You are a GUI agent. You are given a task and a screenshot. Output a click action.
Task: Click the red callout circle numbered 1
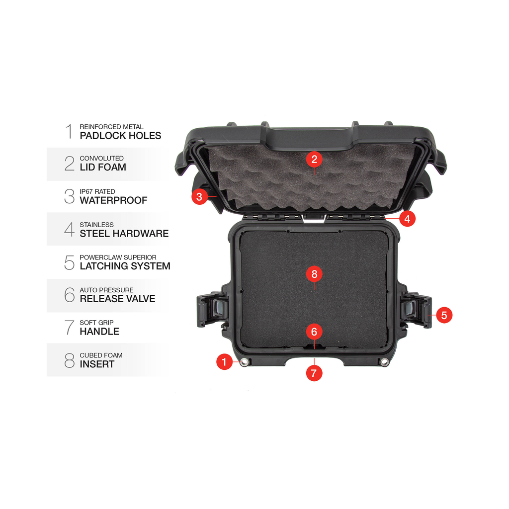pyautogui.click(x=224, y=361)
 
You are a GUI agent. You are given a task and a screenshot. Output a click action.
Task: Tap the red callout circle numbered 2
pyautogui.click(x=314, y=160)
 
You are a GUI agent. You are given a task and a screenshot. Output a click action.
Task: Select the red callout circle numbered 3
pyautogui.click(x=199, y=196)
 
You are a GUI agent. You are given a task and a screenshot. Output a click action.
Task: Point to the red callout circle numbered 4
pyautogui.click(x=408, y=219)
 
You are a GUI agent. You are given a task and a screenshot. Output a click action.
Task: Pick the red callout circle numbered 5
pyautogui.click(x=444, y=315)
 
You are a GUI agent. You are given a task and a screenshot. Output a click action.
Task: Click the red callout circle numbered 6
pyautogui.click(x=314, y=332)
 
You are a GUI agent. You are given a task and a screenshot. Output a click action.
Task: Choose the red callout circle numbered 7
pyautogui.click(x=314, y=373)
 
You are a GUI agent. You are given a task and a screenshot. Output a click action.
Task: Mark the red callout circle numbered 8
pyautogui.click(x=314, y=274)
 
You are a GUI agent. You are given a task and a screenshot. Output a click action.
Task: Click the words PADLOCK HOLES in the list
pyautogui.click(x=120, y=136)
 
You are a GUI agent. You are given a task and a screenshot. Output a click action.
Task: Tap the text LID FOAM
pyautogui.click(x=103, y=167)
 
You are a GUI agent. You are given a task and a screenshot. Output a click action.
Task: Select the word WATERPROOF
pyautogui.click(x=114, y=200)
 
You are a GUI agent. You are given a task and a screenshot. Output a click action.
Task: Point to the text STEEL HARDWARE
pyautogui.click(x=124, y=234)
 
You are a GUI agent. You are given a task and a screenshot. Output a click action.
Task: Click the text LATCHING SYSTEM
pyautogui.click(x=125, y=266)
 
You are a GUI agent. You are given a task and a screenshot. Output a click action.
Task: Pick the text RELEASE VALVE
pyautogui.click(x=117, y=299)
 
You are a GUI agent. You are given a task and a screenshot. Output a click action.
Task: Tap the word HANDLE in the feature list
pyautogui.click(x=99, y=332)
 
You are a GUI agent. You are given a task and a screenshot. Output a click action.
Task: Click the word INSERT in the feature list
pyautogui.click(x=97, y=364)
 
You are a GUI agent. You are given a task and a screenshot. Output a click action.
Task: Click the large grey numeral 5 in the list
pyautogui.click(x=69, y=262)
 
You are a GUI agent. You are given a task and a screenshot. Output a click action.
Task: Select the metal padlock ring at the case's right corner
pyautogui.click(x=384, y=362)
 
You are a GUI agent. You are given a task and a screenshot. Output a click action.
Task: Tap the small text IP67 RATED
pyautogui.click(x=97, y=191)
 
